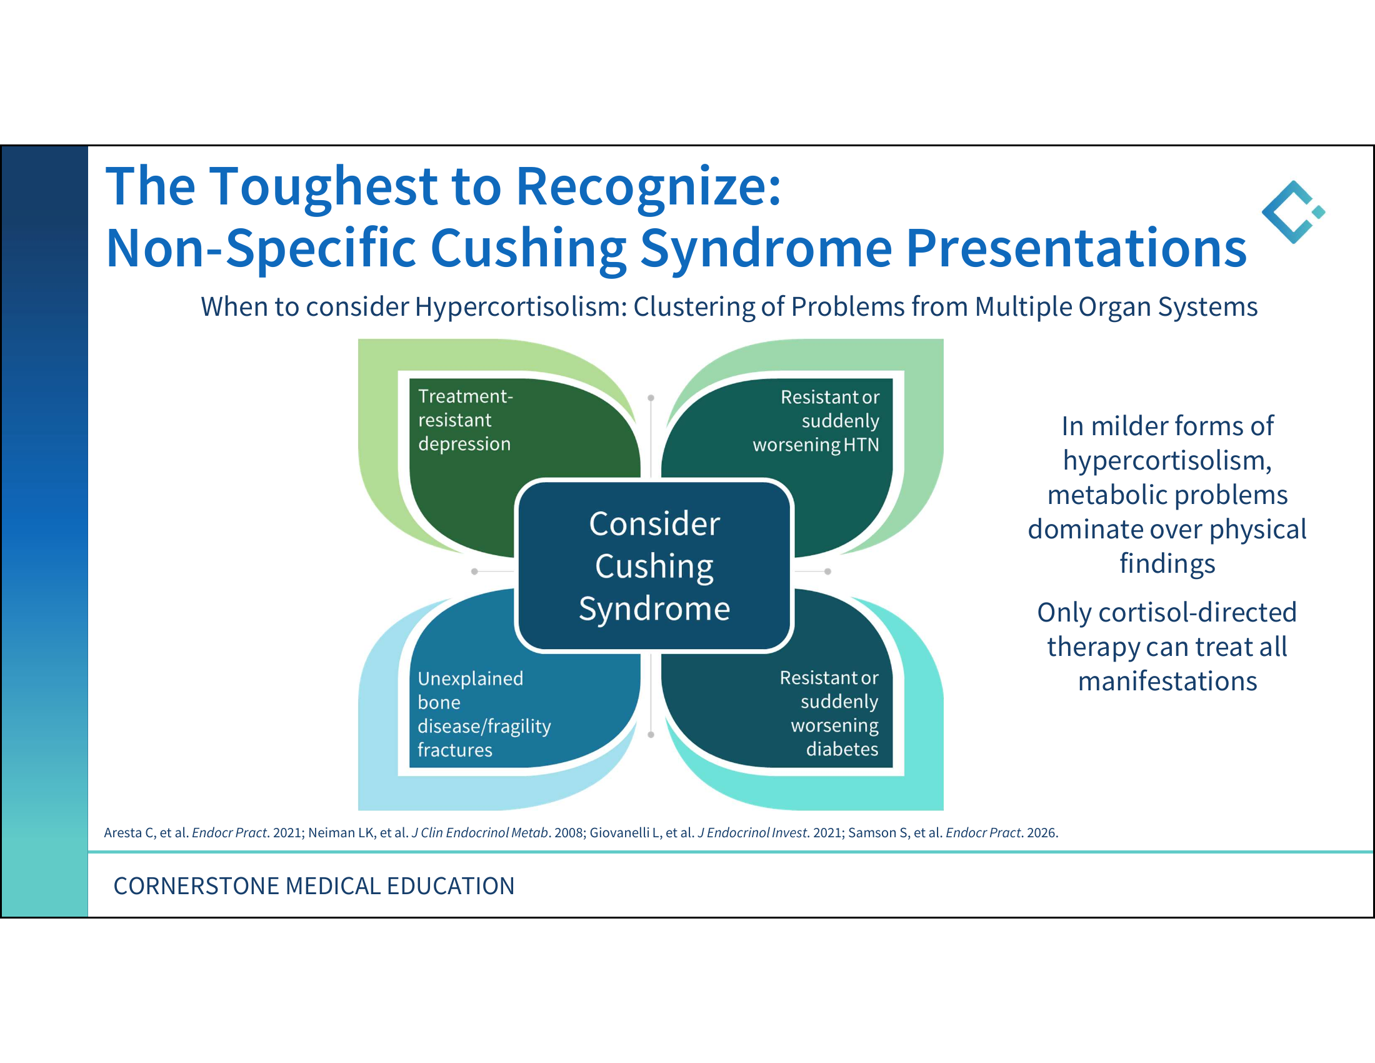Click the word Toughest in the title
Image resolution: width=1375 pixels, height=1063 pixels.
coord(323,188)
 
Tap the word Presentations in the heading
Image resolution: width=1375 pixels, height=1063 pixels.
coord(1076,249)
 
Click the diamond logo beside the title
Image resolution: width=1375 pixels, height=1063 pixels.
coord(1293,212)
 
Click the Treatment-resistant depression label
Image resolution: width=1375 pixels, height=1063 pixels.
coord(465,420)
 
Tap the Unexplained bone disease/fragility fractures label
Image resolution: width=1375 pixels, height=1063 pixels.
coord(484,714)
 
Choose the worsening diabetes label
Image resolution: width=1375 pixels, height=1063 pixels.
coord(829,713)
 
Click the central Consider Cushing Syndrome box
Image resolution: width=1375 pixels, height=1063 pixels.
coord(654,565)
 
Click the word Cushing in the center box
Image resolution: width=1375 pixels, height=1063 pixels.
coord(654,566)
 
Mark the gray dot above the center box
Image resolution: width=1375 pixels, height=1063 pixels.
coord(651,398)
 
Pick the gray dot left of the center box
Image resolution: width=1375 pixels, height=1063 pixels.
coord(475,571)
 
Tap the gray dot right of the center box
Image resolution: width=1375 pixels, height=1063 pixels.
coord(828,571)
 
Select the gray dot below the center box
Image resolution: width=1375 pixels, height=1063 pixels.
coord(651,734)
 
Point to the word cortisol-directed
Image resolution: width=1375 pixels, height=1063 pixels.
coord(1197,612)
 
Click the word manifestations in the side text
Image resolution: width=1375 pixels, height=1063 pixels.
coord(1167,682)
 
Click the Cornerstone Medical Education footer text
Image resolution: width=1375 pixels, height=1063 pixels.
coord(314,886)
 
